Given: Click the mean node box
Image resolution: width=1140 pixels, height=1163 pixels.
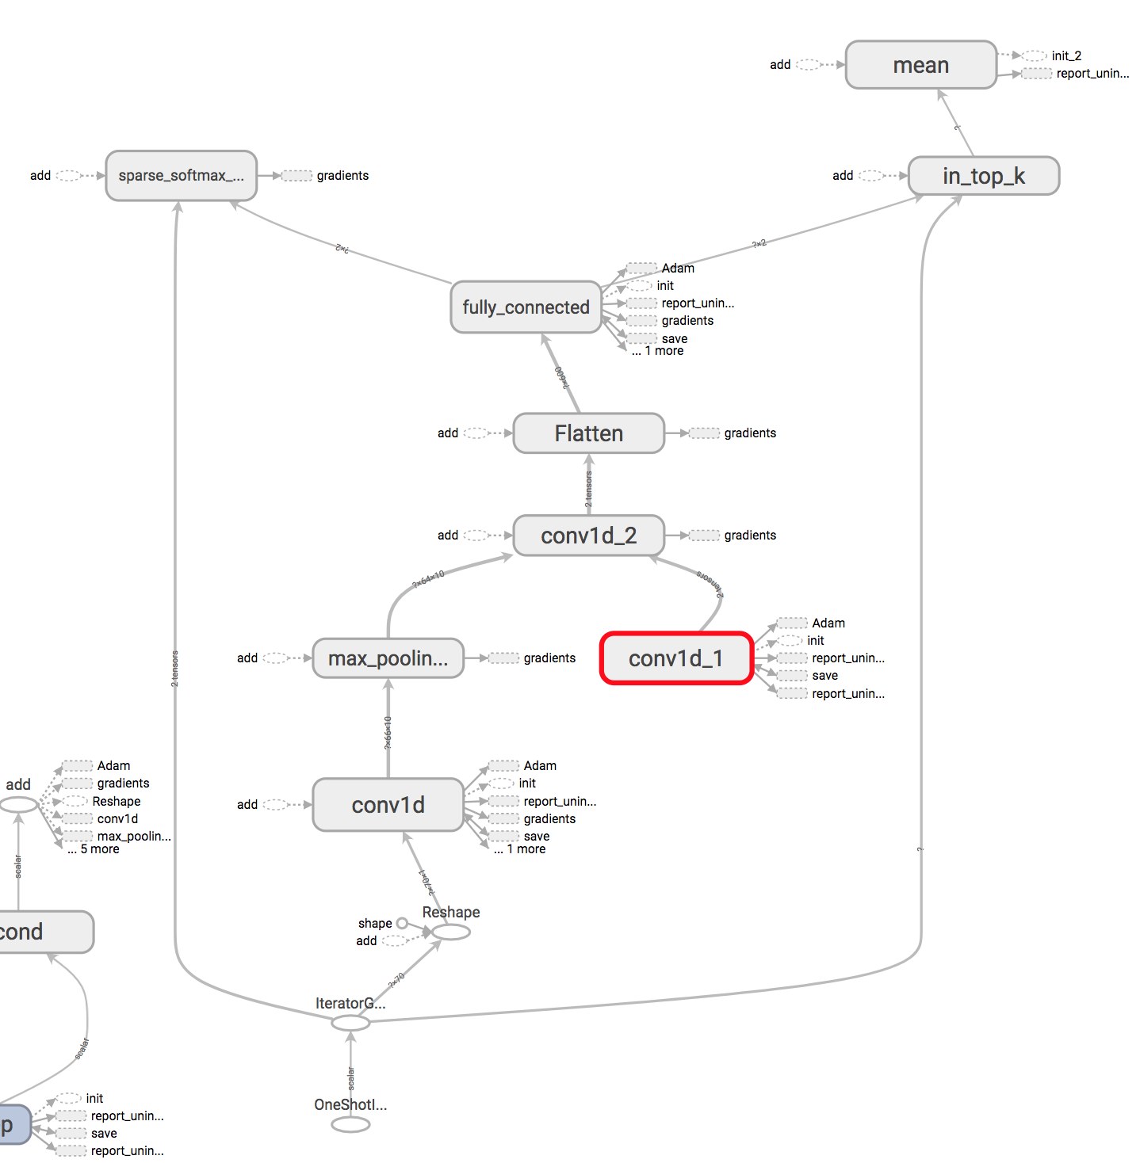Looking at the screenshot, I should (920, 65).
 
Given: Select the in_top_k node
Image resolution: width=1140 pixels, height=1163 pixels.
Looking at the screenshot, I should (983, 176).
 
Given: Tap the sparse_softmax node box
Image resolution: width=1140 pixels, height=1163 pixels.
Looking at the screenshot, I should (181, 176).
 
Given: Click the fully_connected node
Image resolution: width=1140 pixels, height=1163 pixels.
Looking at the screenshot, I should (526, 307).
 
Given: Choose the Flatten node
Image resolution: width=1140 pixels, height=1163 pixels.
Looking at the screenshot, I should (588, 433).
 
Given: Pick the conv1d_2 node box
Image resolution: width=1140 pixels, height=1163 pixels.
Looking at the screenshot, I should (588, 536).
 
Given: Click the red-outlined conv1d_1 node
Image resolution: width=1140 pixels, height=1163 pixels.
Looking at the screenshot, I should (675, 658).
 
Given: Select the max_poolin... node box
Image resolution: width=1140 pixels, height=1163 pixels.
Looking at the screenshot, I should (388, 658).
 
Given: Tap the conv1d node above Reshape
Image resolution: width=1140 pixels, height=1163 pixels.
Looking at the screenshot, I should (388, 805).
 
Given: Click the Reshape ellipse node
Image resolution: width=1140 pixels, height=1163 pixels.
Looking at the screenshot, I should (451, 932).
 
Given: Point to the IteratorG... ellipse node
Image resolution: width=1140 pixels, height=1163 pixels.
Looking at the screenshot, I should (350, 1023).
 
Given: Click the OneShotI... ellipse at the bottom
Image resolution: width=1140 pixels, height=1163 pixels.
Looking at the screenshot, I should (350, 1125).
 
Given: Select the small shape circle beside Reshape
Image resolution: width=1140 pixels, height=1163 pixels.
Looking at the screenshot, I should (402, 924).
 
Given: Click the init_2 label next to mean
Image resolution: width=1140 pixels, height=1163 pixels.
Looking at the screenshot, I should (1066, 55).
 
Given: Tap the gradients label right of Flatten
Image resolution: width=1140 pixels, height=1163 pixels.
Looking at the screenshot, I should (750, 433).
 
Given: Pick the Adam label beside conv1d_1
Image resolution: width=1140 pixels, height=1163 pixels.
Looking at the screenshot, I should (828, 623).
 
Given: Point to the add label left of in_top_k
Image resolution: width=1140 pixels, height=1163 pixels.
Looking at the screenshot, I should (843, 176).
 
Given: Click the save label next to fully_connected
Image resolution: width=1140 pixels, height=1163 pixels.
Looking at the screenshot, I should (675, 338).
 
